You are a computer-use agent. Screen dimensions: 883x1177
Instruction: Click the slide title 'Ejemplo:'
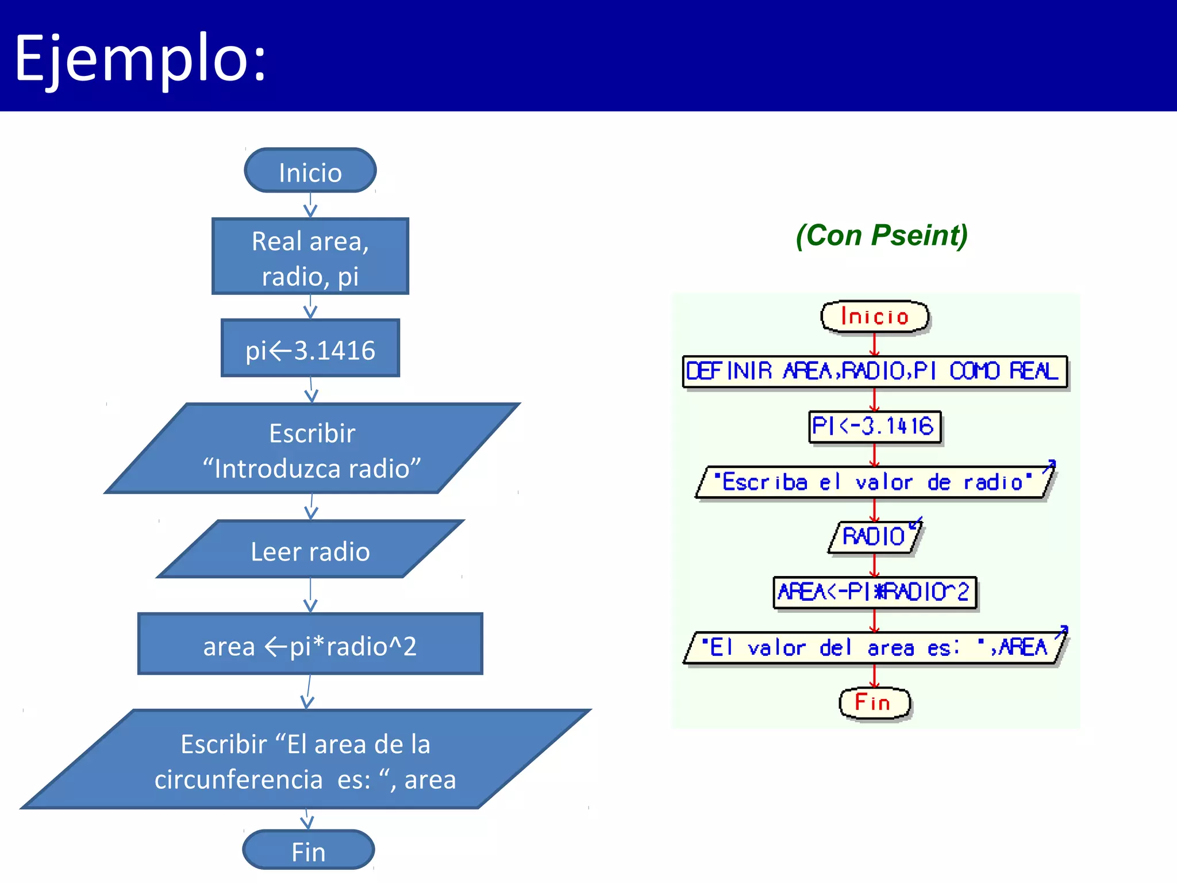coord(140,57)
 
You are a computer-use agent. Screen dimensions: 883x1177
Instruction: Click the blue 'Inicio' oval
coord(310,171)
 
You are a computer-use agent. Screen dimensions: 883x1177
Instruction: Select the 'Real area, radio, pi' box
coord(310,257)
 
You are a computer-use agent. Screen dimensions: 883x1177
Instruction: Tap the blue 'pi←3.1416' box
coord(310,349)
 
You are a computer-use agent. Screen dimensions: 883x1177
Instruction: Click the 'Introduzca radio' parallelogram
coord(312,450)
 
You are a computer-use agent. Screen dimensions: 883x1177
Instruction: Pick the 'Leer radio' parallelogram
coord(310,550)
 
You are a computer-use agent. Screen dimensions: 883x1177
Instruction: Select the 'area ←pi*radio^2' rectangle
coord(310,644)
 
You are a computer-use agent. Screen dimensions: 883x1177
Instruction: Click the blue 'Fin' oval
coord(309,850)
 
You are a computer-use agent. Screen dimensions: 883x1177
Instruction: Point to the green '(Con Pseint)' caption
coord(882,235)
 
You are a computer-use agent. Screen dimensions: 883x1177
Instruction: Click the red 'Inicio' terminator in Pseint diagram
coord(875,317)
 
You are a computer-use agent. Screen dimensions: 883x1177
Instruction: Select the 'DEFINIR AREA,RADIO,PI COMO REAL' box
coord(875,371)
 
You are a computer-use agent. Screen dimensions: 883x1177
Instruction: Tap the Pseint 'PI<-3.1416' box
coord(874,427)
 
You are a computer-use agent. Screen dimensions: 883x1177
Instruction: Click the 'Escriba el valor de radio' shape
coord(874,482)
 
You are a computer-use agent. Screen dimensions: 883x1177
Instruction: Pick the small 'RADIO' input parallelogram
coord(874,536)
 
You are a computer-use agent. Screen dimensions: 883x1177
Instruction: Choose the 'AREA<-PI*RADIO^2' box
coord(874,592)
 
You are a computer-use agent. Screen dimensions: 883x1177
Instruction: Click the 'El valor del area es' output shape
coord(874,648)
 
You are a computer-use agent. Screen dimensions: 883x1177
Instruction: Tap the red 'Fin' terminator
coord(874,702)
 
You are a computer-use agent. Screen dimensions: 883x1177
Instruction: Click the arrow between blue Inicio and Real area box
coord(310,205)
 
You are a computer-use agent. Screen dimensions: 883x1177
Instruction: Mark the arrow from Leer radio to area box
coord(310,596)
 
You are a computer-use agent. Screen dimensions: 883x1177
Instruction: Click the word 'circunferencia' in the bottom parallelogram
coord(239,780)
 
